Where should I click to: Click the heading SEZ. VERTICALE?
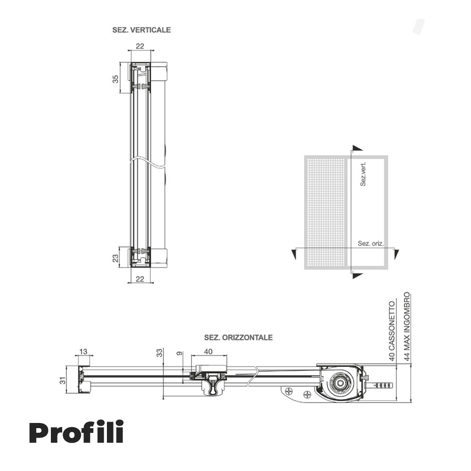141,30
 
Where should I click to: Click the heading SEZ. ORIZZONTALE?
238,338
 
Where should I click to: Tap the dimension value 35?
115,79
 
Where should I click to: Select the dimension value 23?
115,258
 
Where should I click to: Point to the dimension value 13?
83,352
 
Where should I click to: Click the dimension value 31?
63,381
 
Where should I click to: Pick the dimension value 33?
159,353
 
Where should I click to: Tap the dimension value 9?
179,354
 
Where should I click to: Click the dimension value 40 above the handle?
208,352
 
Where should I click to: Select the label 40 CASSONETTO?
392,331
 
